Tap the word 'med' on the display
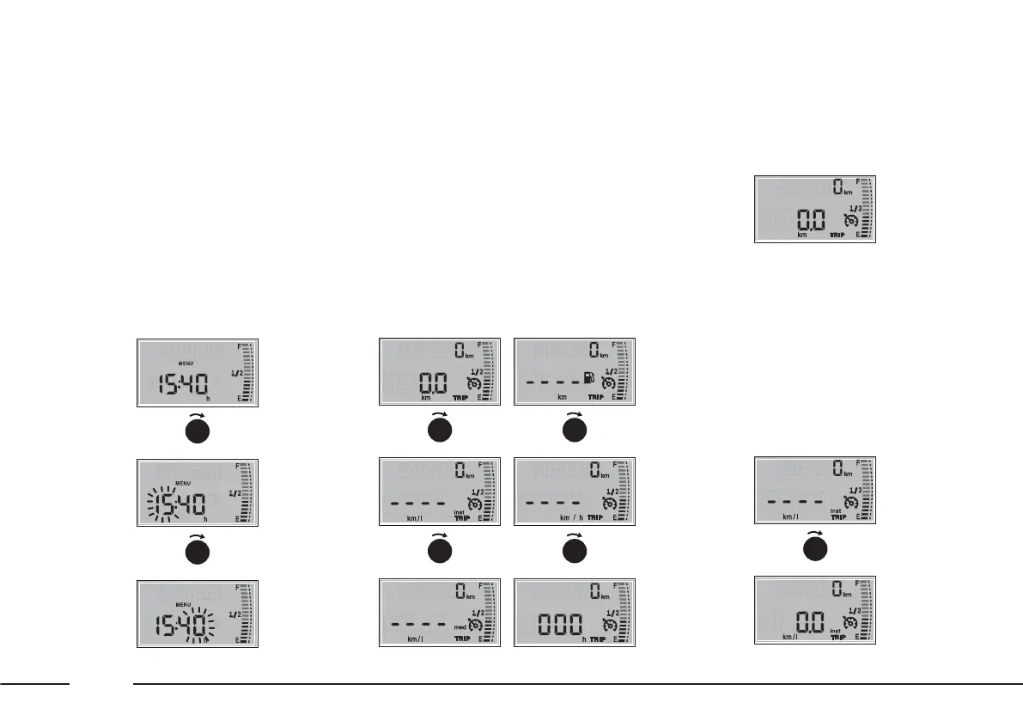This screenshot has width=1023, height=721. pos(460,628)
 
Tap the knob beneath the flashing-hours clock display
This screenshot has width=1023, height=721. pos(198,550)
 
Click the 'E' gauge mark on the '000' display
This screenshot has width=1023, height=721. pos(614,639)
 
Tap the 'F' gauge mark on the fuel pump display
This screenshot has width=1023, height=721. pos(614,345)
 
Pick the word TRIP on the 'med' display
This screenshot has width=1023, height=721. pos(462,639)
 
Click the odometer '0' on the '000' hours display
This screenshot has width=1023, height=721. pos(594,591)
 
